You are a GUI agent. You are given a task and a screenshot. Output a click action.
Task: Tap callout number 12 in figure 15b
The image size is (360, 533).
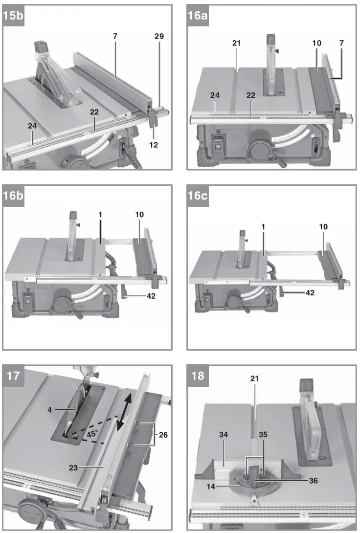(x=155, y=145)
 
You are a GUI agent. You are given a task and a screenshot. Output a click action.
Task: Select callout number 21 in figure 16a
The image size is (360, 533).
(x=236, y=43)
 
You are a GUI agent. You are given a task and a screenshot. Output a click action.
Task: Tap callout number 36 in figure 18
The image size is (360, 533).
(x=313, y=481)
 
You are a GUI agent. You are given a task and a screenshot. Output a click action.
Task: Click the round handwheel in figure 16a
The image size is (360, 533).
(x=257, y=148)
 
